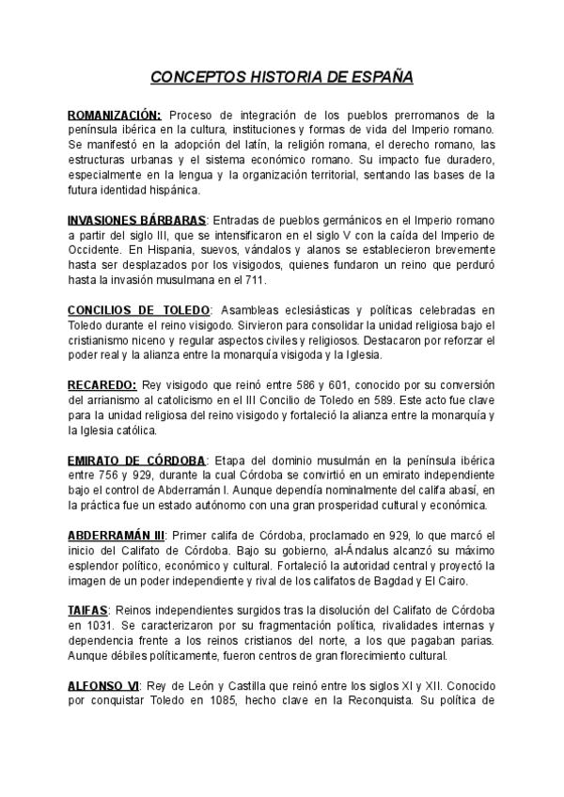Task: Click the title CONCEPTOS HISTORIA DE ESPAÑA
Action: [282, 77]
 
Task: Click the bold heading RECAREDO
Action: [102, 385]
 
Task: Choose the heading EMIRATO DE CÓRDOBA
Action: [137, 461]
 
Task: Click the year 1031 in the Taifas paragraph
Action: [96, 626]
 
